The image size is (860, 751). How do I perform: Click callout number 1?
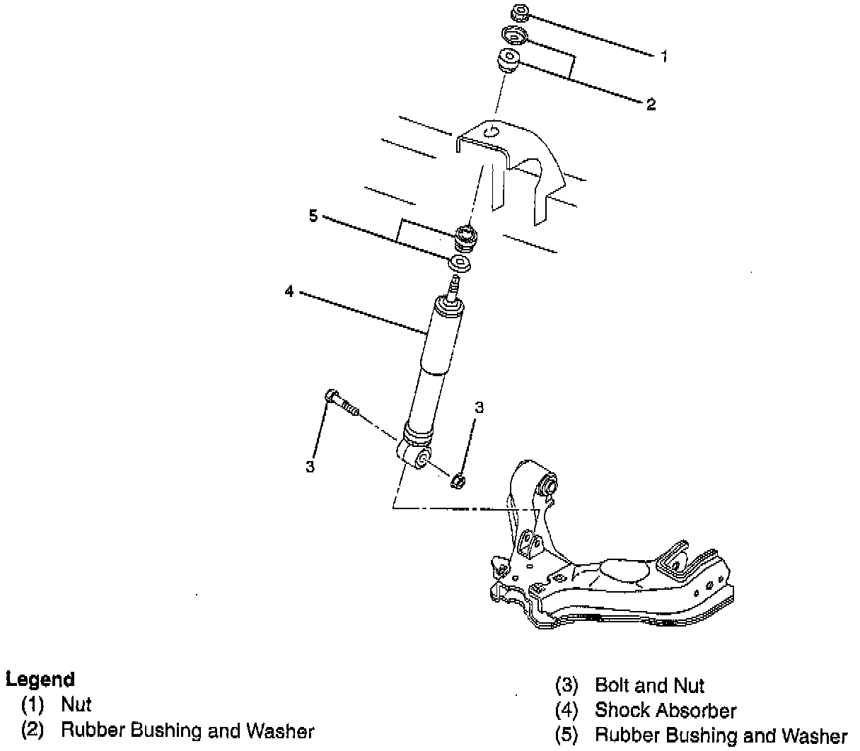[x=663, y=56]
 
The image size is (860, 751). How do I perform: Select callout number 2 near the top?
[x=651, y=105]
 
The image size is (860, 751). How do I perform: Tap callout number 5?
[x=313, y=216]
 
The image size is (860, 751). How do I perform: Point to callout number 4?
[x=289, y=291]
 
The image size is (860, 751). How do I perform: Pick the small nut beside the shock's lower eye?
[x=457, y=482]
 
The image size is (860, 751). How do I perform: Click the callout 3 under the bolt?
[x=310, y=467]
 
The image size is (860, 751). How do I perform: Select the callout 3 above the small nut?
[x=479, y=407]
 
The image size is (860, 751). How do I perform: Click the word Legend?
[x=40, y=680]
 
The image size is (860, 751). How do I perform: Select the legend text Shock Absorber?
[x=665, y=710]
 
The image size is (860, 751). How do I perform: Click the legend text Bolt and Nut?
[x=649, y=685]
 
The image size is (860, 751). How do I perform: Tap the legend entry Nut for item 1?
[x=76, y=704]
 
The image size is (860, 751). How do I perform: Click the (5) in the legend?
[x=566, y=735]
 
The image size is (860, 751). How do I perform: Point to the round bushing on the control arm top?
[x=549, y=487]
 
